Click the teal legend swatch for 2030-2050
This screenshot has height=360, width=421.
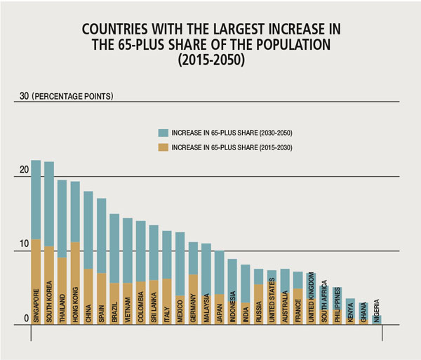point(163,131)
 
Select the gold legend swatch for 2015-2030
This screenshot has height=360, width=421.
point(163,147)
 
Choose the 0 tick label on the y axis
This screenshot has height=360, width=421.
point(26,318)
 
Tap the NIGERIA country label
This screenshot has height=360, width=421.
point(377,309)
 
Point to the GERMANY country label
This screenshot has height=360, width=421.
point(193,303)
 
